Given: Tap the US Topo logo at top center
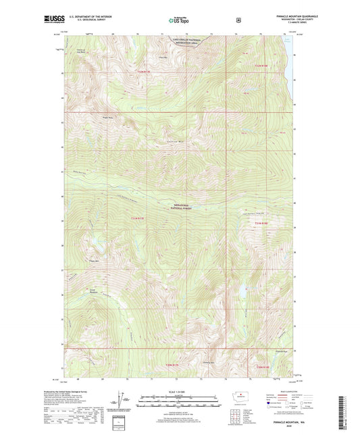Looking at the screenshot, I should click(180, 20).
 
